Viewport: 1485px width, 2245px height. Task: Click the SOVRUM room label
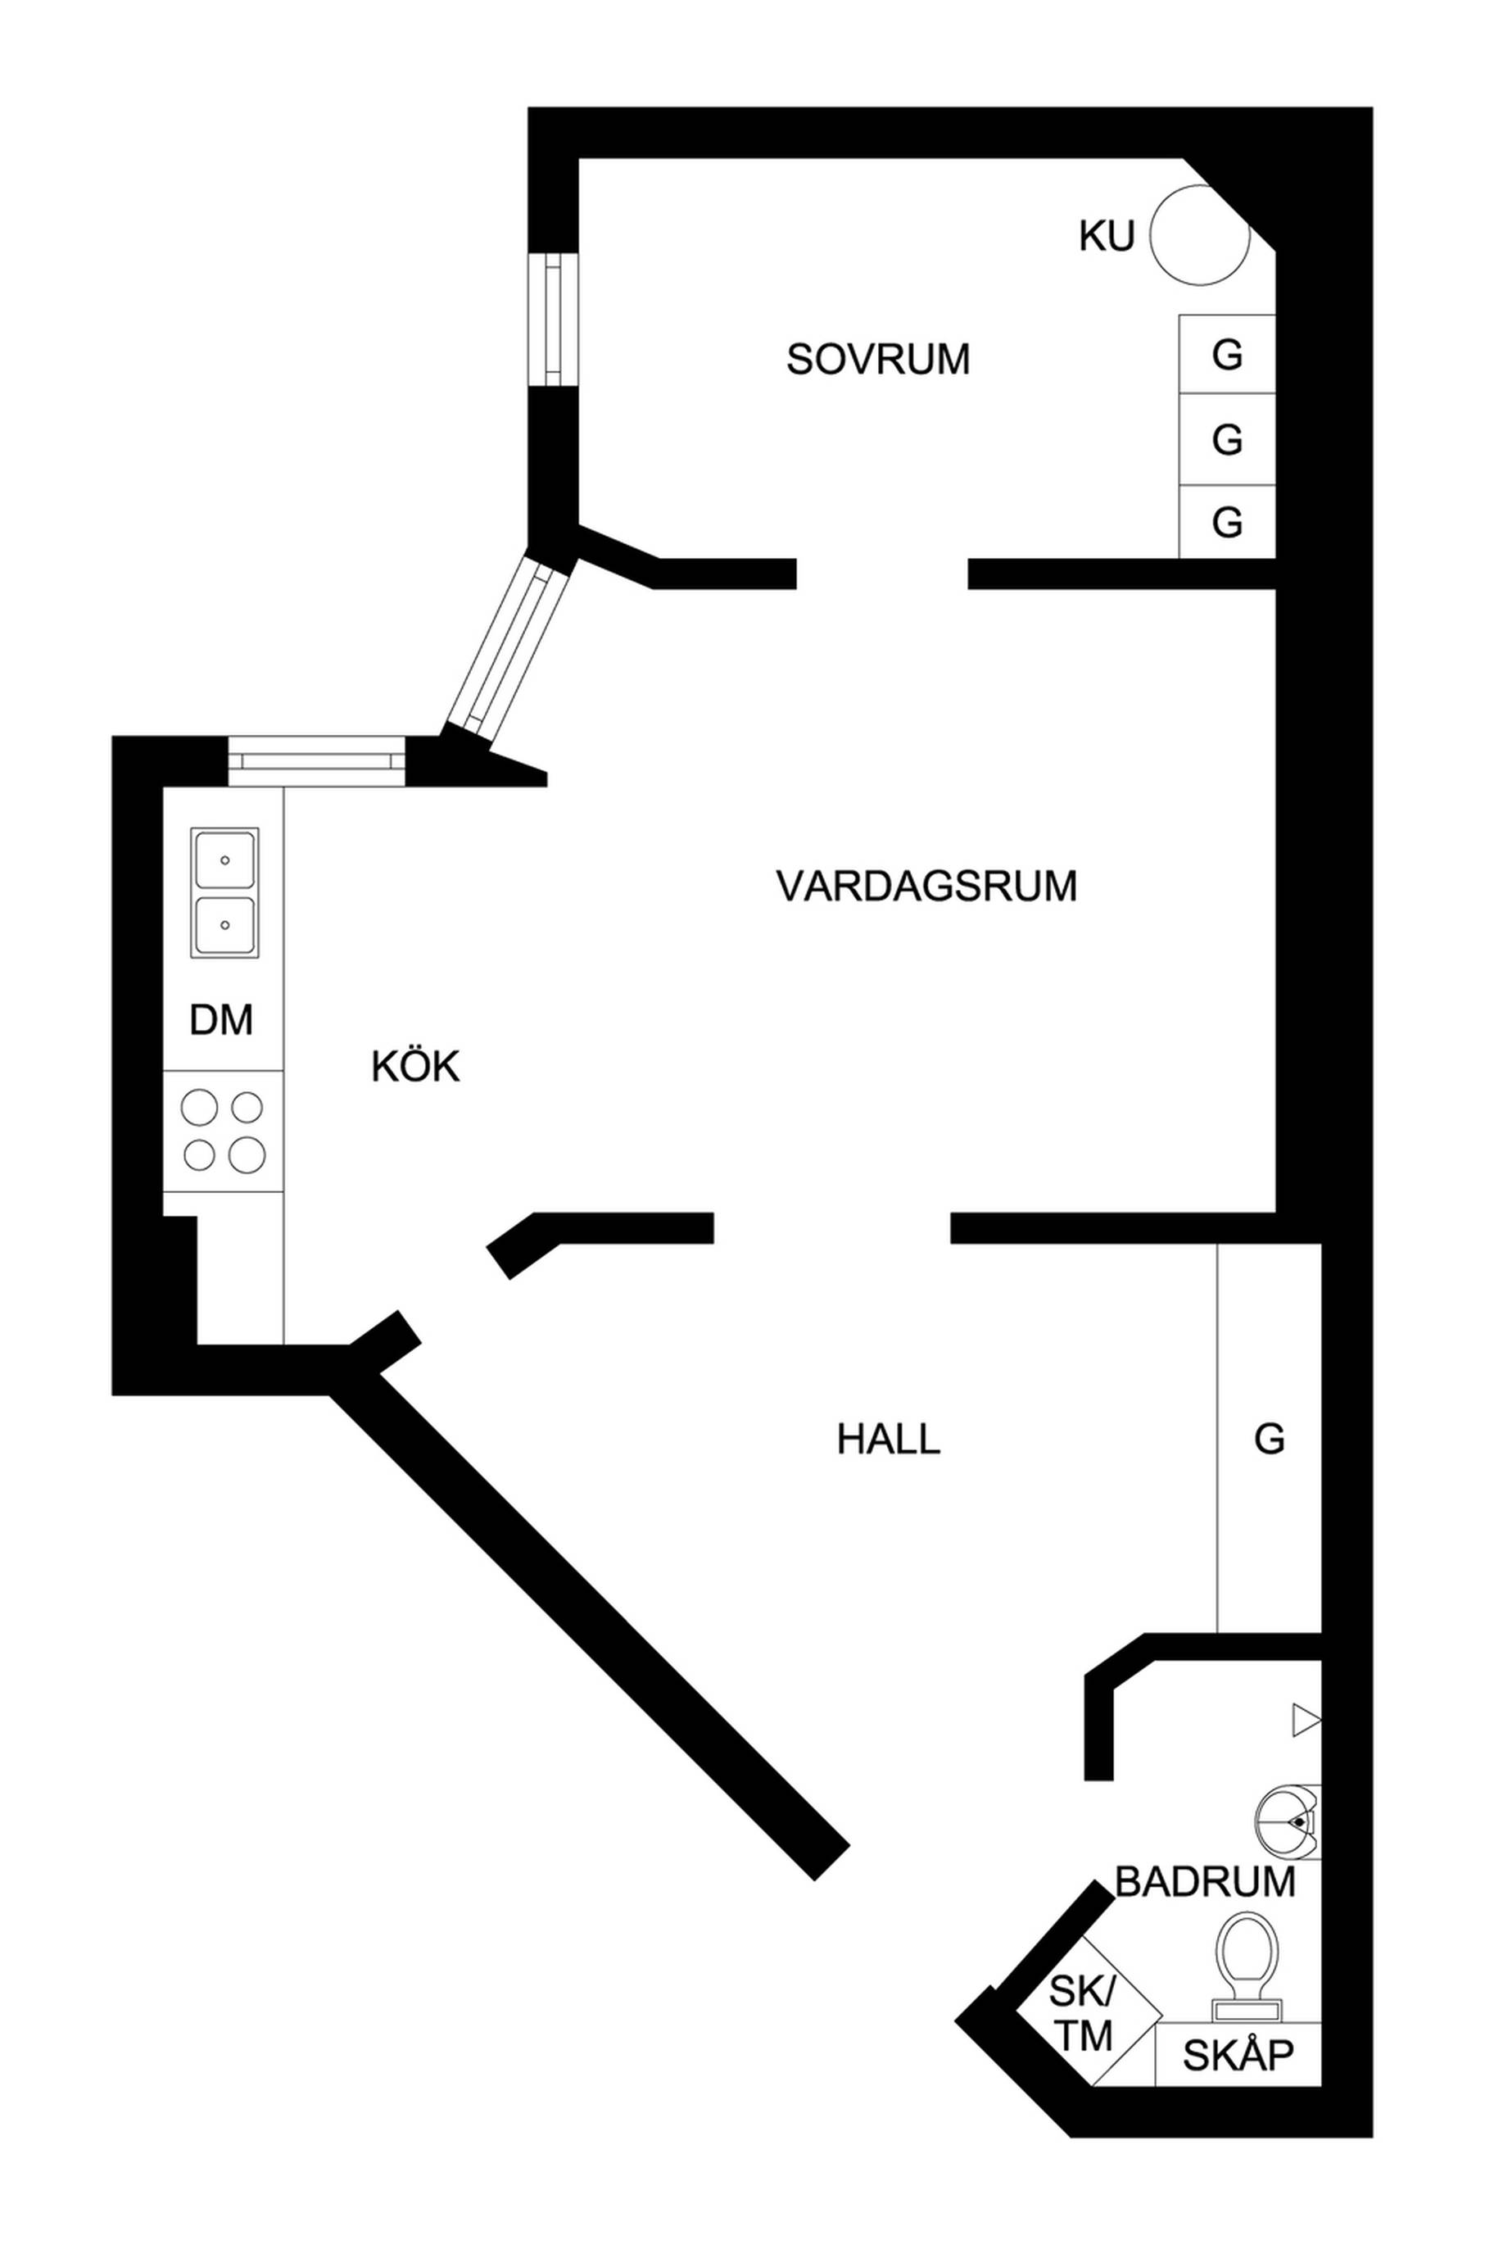878,360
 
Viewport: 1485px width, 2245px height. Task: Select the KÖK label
416,1067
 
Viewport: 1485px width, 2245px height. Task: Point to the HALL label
889,1440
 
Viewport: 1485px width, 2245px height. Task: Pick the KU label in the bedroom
1106,237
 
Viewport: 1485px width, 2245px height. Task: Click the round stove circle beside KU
1199,236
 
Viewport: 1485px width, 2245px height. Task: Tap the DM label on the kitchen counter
222,1020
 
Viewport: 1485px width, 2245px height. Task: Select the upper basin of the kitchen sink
224,860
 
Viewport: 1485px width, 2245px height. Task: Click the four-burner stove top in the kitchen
224,1131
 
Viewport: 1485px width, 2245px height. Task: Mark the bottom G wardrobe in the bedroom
1227,522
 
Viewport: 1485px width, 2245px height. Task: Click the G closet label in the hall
1270,1439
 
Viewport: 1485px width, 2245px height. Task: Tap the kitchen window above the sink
316,760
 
